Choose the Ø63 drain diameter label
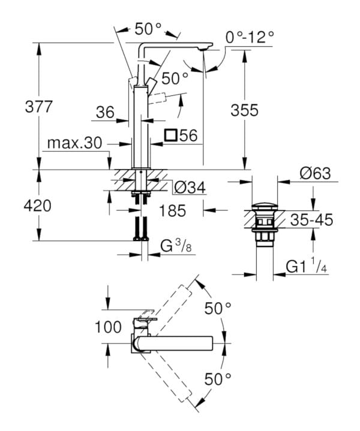coord(314,173)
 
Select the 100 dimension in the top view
coord(108,327)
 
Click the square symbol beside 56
coord(170,135)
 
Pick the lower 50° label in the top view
coord(218,378)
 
